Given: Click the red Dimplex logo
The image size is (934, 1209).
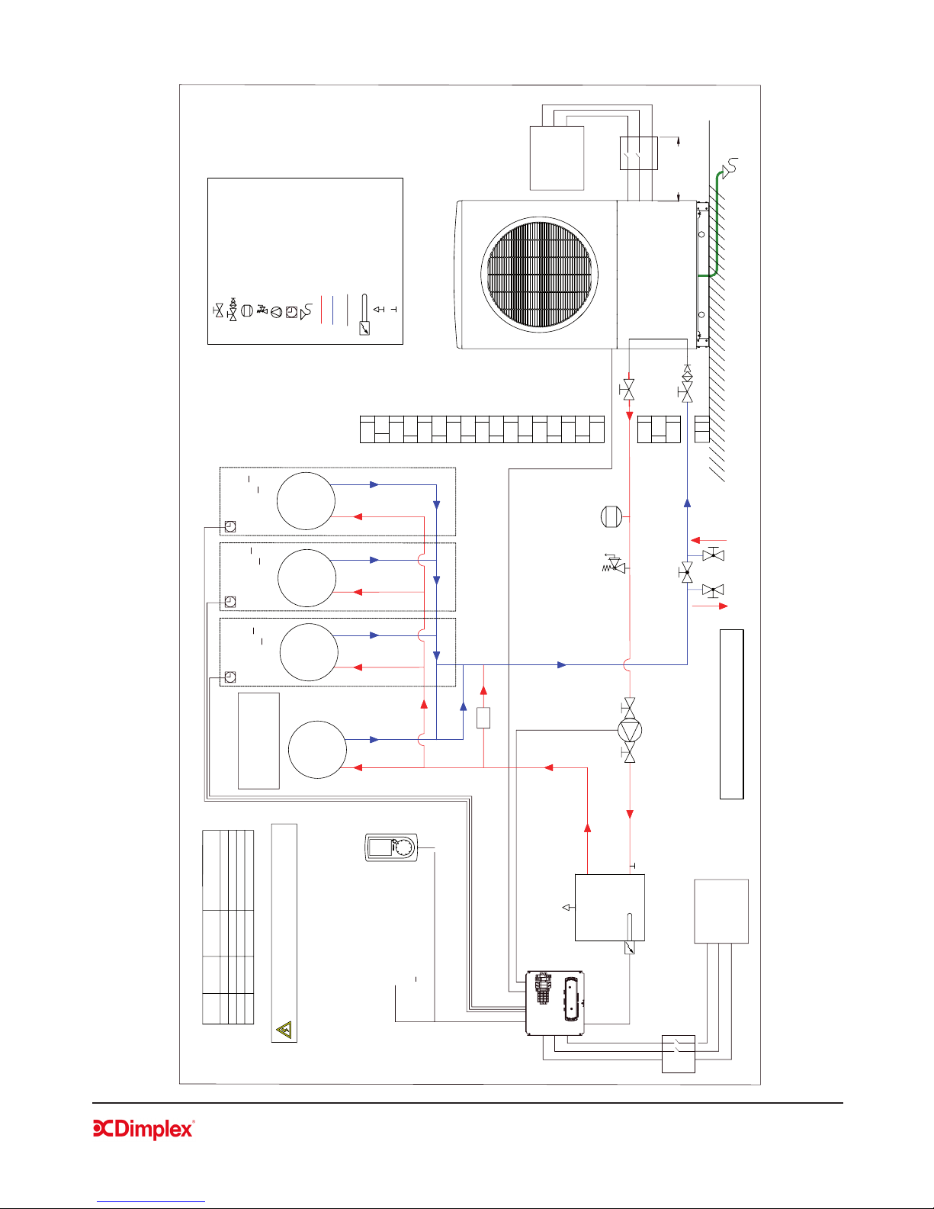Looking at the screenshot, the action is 143,1129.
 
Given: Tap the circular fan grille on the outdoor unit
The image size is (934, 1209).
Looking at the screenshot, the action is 539,275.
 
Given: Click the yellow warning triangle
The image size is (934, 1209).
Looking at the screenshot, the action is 284,1029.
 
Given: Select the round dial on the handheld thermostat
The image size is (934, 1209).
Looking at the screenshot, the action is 404,847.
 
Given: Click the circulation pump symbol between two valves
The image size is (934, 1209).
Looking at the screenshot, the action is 629,730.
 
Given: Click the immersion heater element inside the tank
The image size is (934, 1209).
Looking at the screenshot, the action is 629,933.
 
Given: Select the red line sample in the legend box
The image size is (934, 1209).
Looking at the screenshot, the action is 321,310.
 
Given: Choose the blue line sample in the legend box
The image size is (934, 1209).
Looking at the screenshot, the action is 332,310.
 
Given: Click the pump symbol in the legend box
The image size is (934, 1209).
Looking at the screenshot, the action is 276,312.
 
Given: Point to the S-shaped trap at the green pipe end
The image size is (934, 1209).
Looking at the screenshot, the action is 730,166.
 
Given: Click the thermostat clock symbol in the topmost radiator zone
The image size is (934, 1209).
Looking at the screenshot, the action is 230,526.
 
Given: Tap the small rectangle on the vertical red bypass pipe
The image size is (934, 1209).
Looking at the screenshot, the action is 483,717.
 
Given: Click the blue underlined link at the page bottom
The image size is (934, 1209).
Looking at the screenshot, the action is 151,1201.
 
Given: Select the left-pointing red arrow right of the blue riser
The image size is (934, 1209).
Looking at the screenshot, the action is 708,540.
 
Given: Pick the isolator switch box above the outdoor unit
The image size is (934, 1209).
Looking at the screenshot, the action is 639,153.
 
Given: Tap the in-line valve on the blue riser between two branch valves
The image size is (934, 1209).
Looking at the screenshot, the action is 687,572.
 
